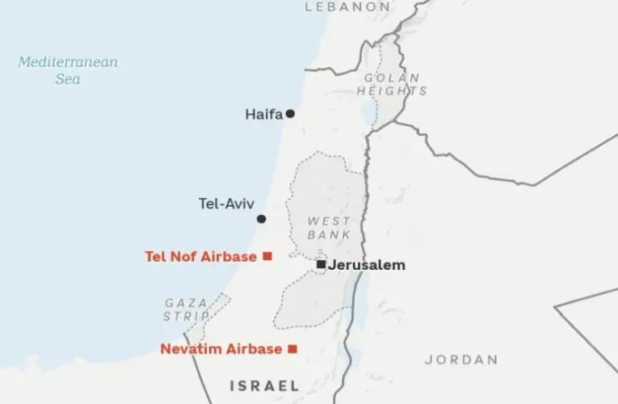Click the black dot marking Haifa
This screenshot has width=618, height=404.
[290, 114]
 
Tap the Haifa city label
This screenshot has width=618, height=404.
[263, 115]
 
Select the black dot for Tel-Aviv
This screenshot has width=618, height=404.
[261, 219]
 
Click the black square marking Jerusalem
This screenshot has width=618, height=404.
[321, 264]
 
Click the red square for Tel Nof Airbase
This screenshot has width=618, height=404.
[267, 256]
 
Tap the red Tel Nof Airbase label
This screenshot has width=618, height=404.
[201, 257]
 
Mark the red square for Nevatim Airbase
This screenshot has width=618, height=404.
[292, 349]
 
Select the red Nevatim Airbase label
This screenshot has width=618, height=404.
[221, 349]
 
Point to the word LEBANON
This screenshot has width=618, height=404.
[347, 6]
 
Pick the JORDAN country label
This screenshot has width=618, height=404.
[461, 360]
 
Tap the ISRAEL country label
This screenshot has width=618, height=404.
[264, 385]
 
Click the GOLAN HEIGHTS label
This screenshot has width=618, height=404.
[392, 84]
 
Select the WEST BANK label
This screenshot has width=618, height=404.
[329, 228]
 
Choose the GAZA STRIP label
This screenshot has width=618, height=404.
[187, 309]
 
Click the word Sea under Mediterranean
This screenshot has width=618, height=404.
[68, 79]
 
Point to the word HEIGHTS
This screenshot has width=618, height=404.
[392, 91]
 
